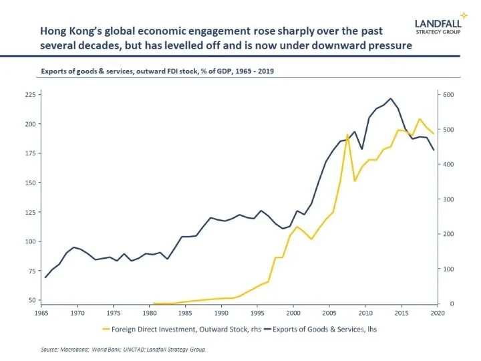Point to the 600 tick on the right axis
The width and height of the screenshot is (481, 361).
coord(449,95)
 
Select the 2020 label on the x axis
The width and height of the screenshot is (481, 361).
coord(437,312)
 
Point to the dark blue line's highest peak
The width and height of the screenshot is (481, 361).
coord(391,98)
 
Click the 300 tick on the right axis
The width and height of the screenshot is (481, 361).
coord(449,199)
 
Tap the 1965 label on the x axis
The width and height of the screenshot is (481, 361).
coord(41,312)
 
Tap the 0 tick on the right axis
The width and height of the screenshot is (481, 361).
coord(444,304)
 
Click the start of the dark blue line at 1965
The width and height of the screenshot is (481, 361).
coord(45,277)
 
